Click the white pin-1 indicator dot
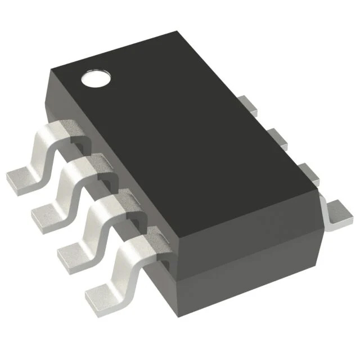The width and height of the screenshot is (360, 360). pos(93,78)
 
